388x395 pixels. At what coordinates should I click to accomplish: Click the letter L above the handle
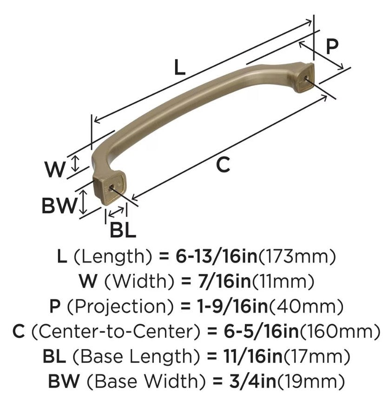(x=179, y=68)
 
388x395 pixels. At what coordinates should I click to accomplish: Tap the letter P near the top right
(x=331, y=47)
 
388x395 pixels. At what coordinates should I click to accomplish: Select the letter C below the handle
(x=224, y=165)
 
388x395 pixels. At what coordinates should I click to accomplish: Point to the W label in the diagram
(x=55, y=169)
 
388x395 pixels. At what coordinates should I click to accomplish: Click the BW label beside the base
(x=59, y=205)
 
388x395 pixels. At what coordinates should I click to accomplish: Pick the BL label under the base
(x=123, y=230)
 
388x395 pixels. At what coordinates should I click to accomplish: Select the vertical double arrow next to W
(x=77, y=163)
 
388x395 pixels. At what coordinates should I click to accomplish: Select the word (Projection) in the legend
(x=122, y=306)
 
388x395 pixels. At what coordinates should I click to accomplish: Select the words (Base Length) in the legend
(x=137, y=356)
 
